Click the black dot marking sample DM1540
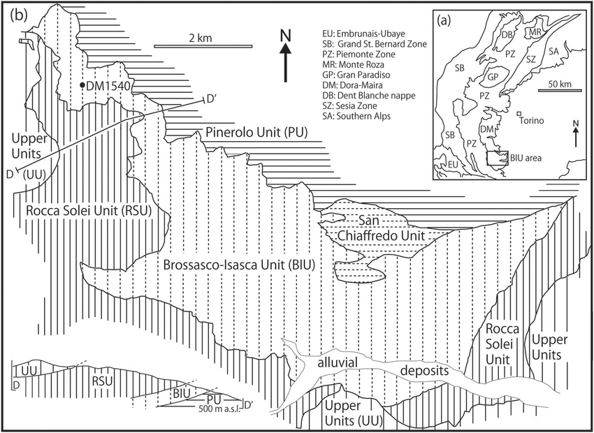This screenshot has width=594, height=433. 83,85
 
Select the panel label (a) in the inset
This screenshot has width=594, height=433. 447,21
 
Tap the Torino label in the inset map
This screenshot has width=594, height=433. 536,119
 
